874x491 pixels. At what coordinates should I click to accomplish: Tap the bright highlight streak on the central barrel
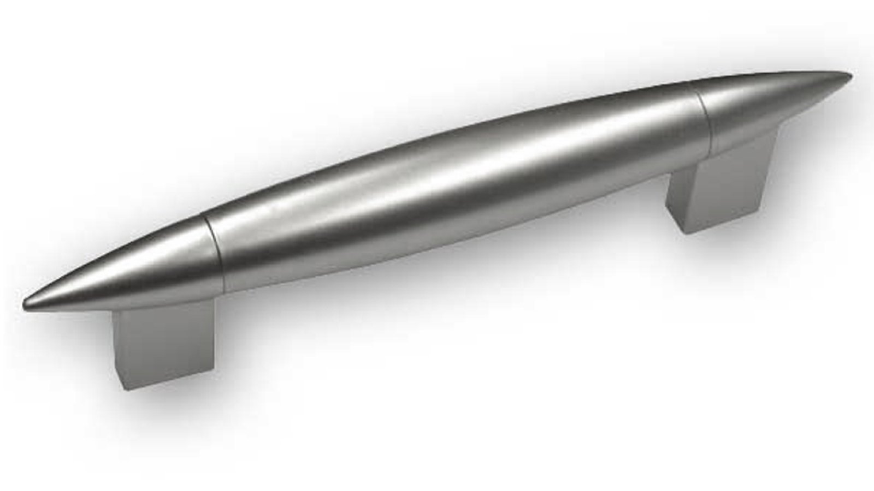tap(437, 158)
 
